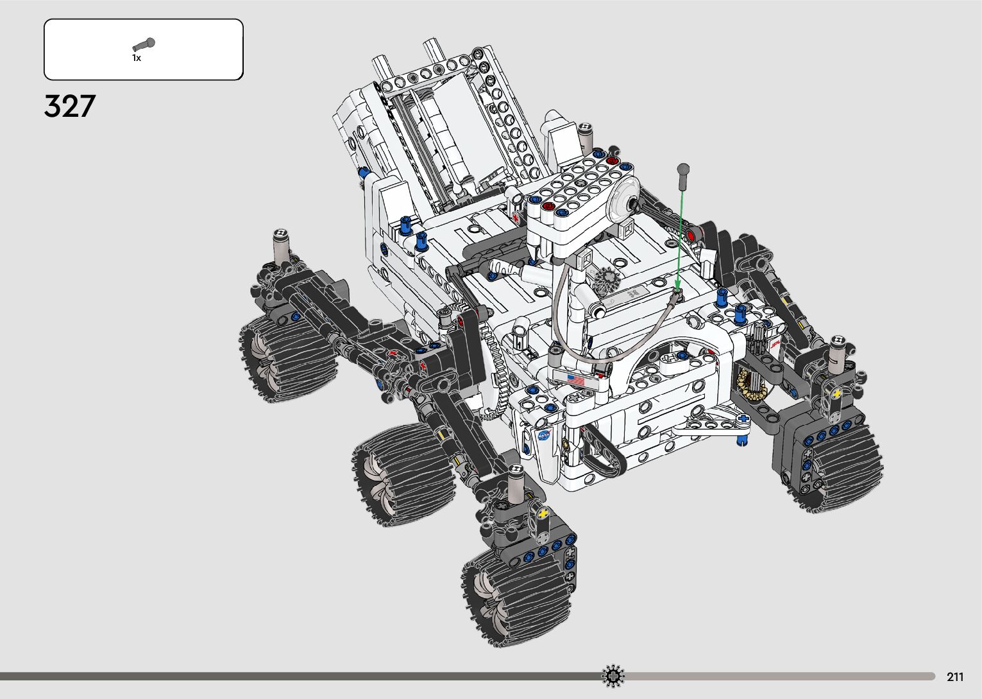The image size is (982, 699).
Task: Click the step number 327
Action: pos(70,106)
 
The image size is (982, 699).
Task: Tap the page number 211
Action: pos(955,677)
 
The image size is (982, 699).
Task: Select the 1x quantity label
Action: pos(137,58)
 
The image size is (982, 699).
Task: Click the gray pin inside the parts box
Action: pos(144,44)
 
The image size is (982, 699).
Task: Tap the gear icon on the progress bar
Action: pos(613,676)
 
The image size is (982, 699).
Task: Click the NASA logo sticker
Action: pos(544,435)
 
